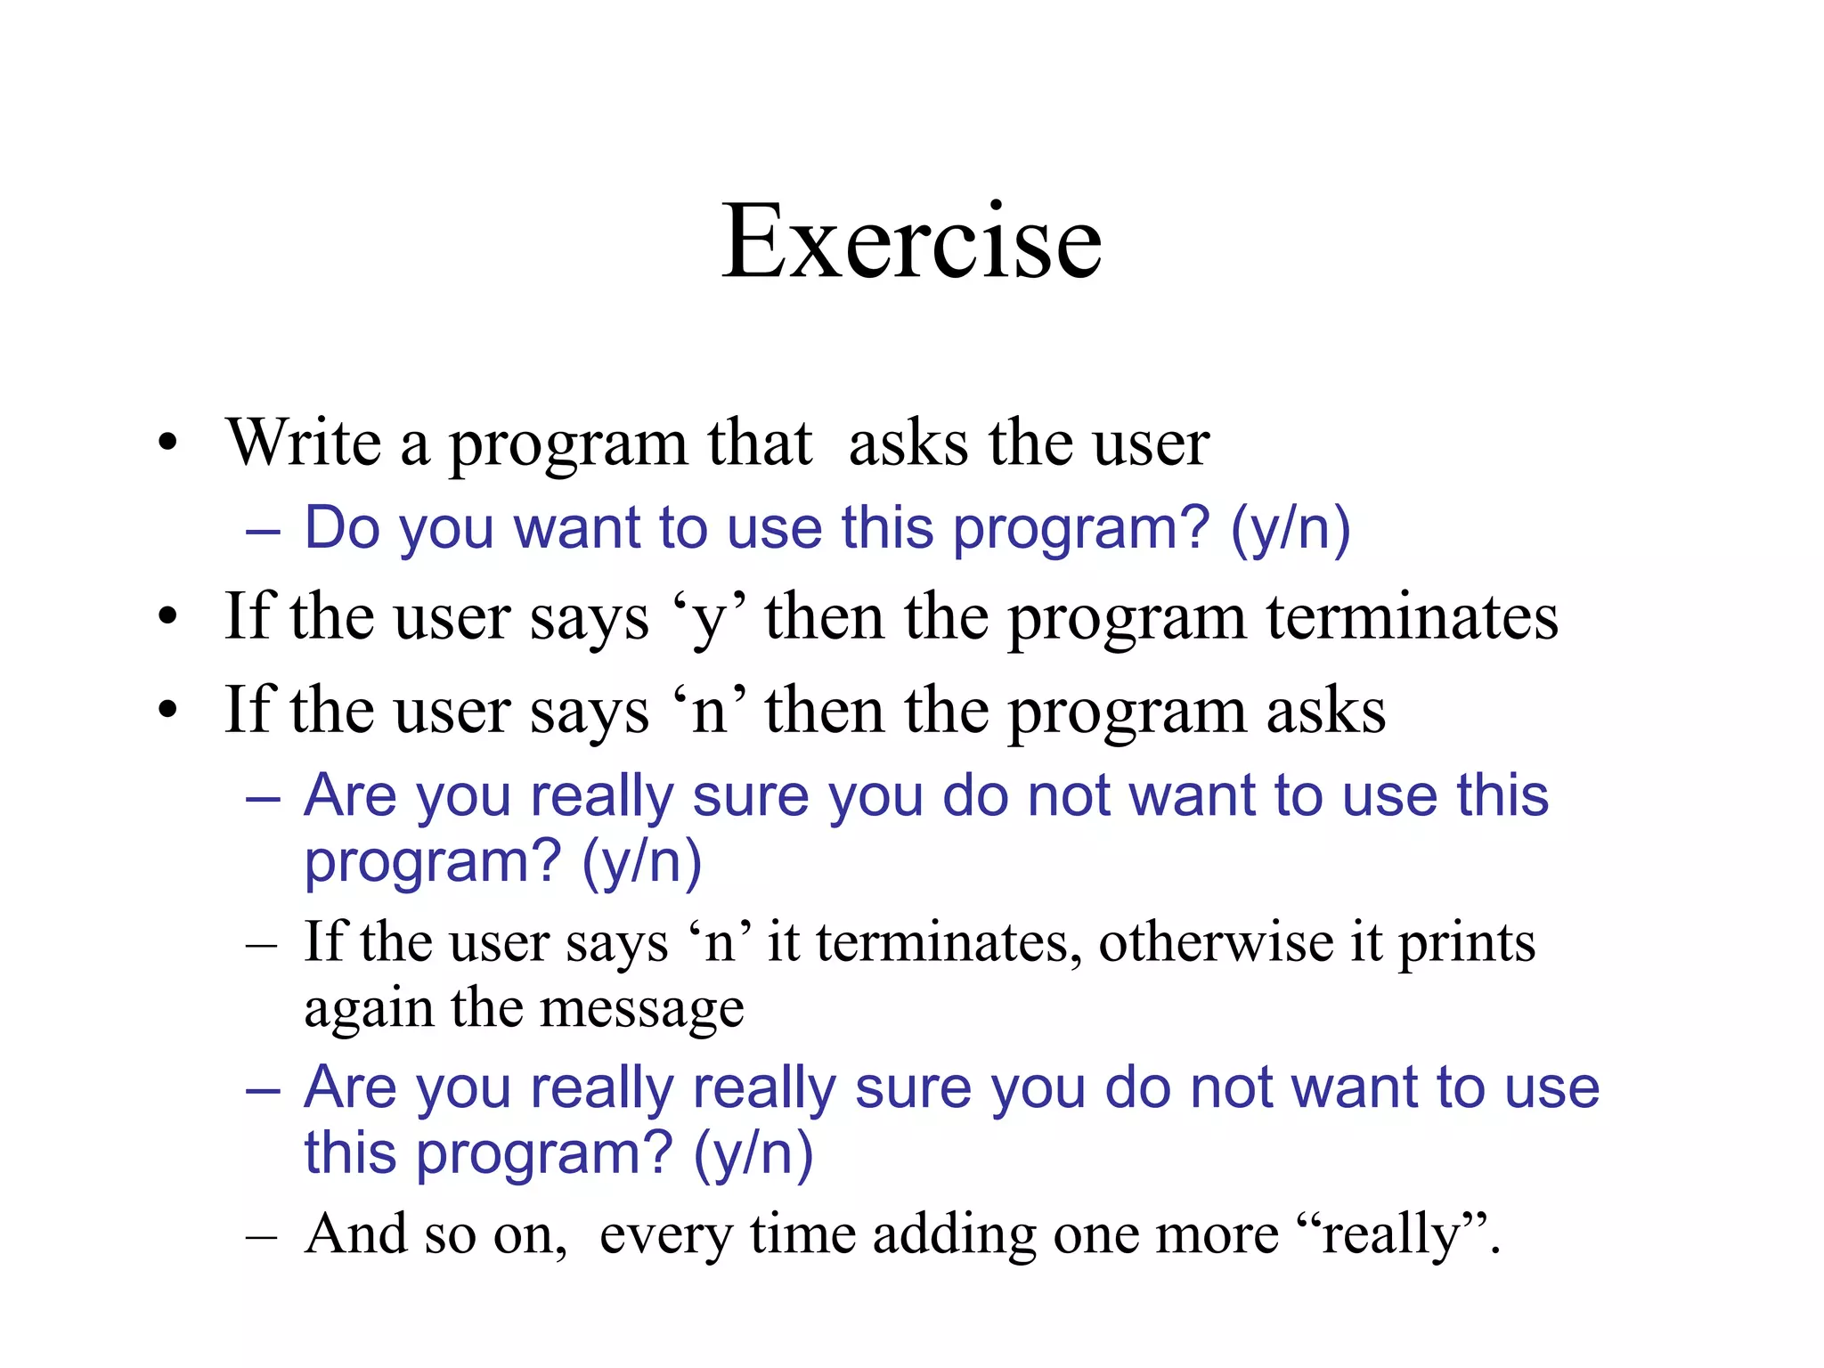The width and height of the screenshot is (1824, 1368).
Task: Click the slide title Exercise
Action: coord(911,241)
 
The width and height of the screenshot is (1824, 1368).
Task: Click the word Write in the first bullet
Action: coord(304,443)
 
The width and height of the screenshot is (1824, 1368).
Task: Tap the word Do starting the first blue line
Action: coord(343,528)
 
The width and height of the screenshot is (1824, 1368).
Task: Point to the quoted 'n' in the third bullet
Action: coord(710,712)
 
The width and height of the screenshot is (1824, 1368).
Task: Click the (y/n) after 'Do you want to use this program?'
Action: coord(1291,528)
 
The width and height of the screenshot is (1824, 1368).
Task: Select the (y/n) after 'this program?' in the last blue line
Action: coord(753,1153)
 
